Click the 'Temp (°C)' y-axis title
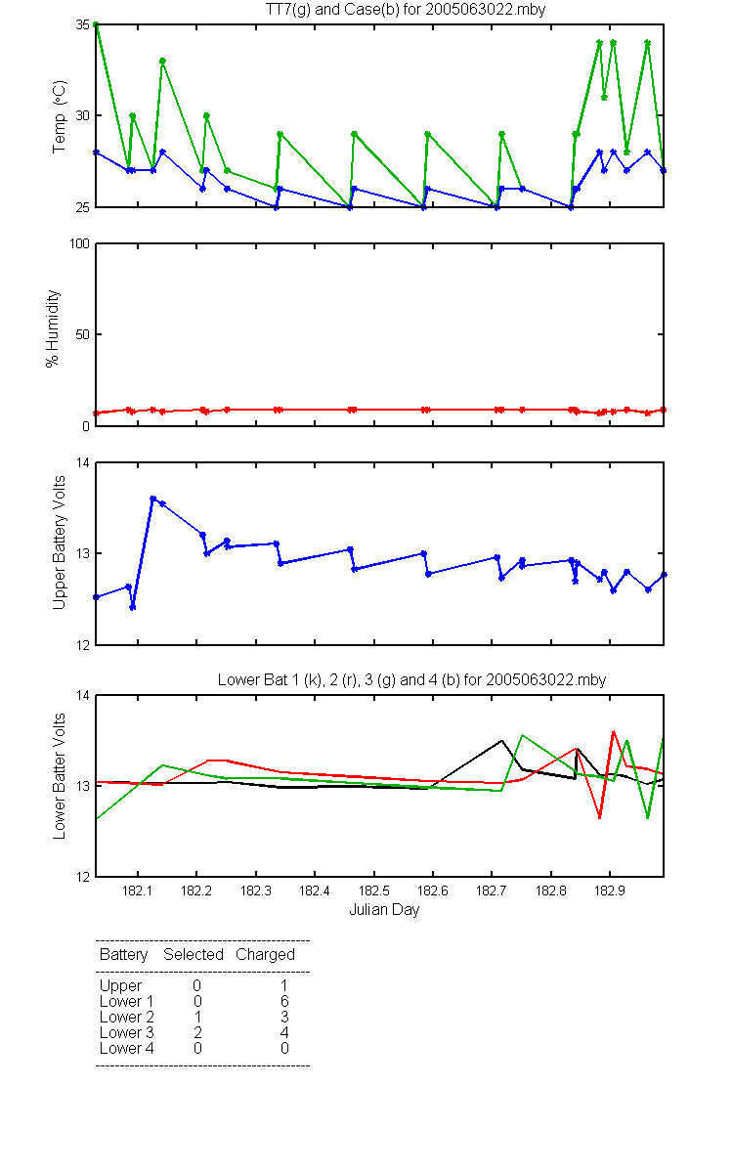coord(60,116)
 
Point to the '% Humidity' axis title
coord(53,328)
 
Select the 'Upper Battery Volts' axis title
coord(60,542)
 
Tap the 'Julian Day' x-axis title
coord(384,909)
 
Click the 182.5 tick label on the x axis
coord(373,891)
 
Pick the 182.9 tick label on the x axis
coord(610,891)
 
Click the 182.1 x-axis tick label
coord(138,891)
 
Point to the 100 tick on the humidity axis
coord(79,243)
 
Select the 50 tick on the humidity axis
coord(83,334)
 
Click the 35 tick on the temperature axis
coord(83,24)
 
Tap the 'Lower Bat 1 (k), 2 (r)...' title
coord(411,679)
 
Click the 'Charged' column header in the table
coord(265,954)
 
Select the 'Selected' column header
coord(194,954)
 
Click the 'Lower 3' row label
coord(127,1032)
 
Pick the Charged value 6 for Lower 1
coord(284,1001)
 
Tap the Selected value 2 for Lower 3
coord(197,1032)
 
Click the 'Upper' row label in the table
coord(120,985)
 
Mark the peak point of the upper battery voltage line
coord(152,499)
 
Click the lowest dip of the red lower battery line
coord(599,818)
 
